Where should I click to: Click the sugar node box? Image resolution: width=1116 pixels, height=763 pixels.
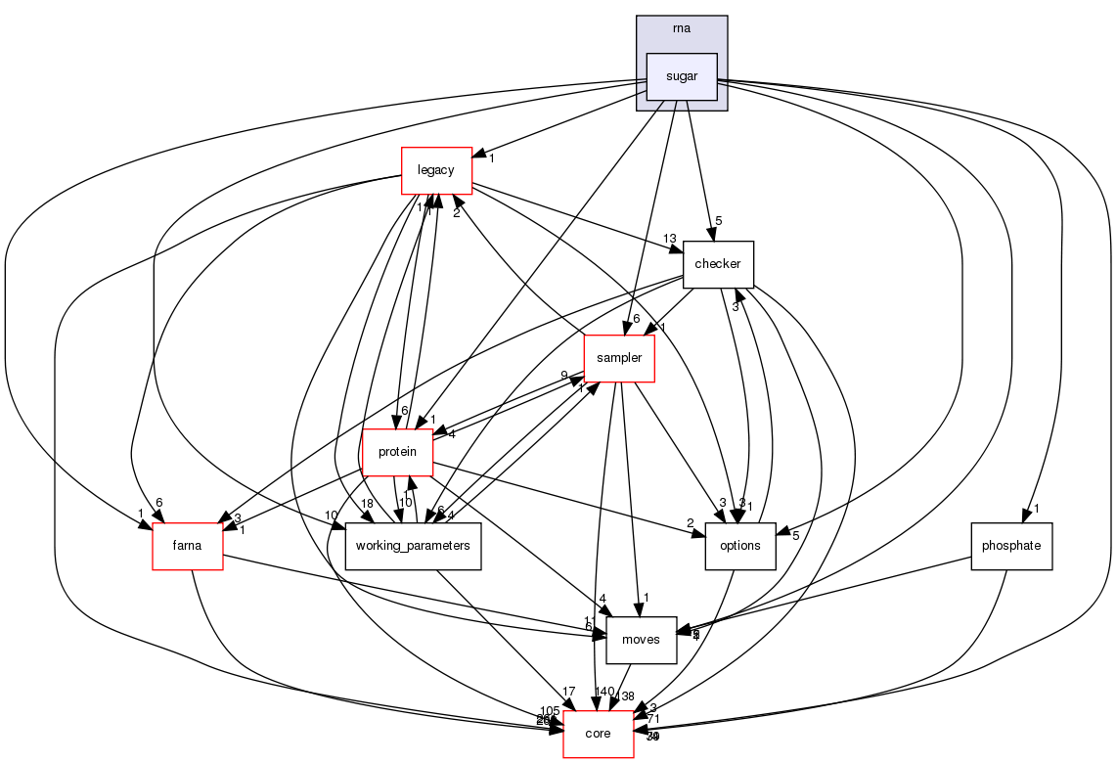pos(682,76)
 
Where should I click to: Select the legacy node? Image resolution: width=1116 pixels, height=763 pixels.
pos(436,170)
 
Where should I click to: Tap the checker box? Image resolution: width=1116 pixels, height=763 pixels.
pos(718,264)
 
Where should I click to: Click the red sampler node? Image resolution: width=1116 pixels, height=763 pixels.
pos(618,358)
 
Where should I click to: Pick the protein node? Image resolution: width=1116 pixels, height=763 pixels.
pos(397,452)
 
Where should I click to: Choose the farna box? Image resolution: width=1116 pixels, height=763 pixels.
pos(187,546)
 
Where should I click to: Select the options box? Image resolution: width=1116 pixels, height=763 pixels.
pos(739,546)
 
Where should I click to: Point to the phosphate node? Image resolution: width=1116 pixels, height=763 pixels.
pos(1010,546)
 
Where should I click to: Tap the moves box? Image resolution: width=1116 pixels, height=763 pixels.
pos(642,640)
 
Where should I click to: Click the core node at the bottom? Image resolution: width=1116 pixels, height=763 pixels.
pos(598,734)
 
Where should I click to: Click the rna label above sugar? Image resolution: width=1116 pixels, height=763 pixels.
pos(682,28)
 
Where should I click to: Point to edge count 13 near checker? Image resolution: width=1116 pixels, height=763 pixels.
pos(669,239)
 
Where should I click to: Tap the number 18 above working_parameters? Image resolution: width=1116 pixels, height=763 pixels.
pos(368,502)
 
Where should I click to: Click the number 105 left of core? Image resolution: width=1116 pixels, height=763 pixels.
pos(550,710)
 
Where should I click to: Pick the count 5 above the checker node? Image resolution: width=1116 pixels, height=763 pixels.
pos(719,221)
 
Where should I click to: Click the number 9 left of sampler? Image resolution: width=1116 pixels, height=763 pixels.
pos(564,376)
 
